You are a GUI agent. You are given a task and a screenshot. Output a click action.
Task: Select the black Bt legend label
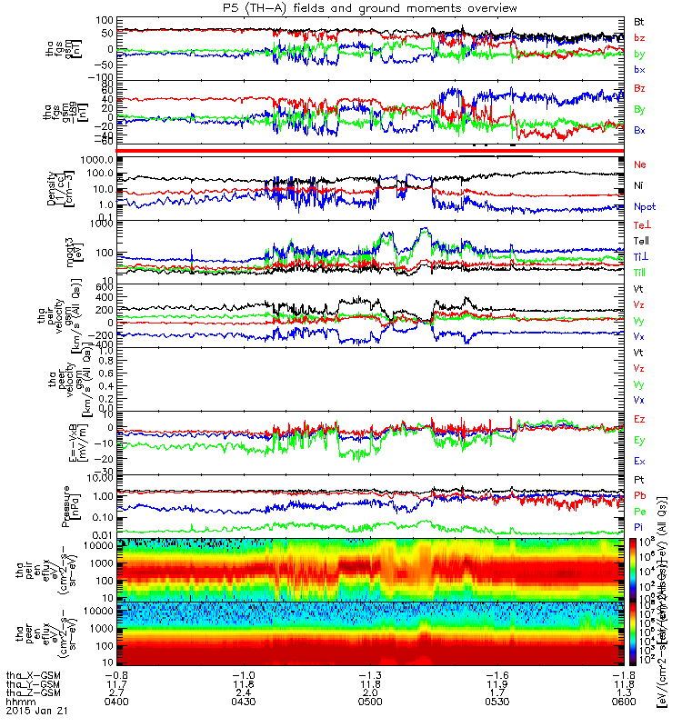pyautogui.click(x=639, y=20)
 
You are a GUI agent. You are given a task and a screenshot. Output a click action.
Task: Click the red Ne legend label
pyautogui.click(x=640, y=164)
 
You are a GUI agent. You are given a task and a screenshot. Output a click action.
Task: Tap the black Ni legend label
pyautogui.click(x=639, y=185)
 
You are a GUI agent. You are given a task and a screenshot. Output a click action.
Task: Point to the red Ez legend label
pyautogui.click(x=639, y=418)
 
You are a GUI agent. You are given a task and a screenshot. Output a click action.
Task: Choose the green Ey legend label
pyautogui.click(x=639, y=440)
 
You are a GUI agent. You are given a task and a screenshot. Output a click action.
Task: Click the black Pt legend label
pyautogui.click(x=639, y=478)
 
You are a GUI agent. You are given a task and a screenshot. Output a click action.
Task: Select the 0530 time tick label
pyautogui.click(x=505, y=701)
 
